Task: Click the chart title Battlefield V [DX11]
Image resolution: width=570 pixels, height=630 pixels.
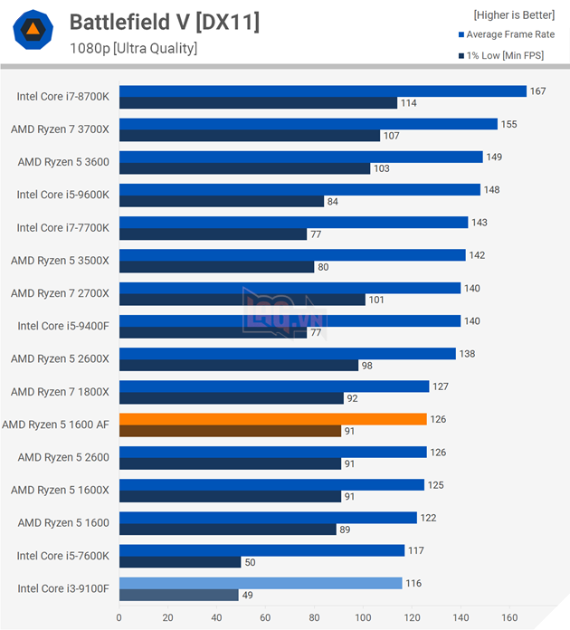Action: (164, 22)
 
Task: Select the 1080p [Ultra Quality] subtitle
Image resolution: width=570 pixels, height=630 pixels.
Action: (133, 48)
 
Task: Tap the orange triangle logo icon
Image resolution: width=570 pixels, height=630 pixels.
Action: (32, 32)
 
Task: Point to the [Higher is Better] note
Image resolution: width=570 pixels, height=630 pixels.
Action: (514, 14)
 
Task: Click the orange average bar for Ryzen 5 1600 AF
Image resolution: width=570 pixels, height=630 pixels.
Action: (272, 419)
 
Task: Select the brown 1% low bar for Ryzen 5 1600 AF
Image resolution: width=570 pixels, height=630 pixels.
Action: (230, 431)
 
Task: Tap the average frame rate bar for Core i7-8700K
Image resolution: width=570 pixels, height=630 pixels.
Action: (322, 91)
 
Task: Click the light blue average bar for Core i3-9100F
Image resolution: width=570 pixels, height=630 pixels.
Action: (261, 583)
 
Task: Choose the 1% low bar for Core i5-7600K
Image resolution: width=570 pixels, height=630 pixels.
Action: (180, 562)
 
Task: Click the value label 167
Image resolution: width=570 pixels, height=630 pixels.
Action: (538, 91)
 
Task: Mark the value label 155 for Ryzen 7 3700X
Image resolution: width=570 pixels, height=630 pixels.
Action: (508, 124)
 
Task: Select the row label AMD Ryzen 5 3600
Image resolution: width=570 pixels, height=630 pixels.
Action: (63, 162)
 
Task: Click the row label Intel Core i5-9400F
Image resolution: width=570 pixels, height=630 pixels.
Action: (62, 326)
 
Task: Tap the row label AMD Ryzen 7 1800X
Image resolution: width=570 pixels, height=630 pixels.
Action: (60, 391)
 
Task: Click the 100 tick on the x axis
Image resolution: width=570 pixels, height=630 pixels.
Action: (363, 618)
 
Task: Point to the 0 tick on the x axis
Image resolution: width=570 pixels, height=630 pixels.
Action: (119, 618)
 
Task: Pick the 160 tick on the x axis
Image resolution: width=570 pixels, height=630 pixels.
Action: (509, 618)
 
